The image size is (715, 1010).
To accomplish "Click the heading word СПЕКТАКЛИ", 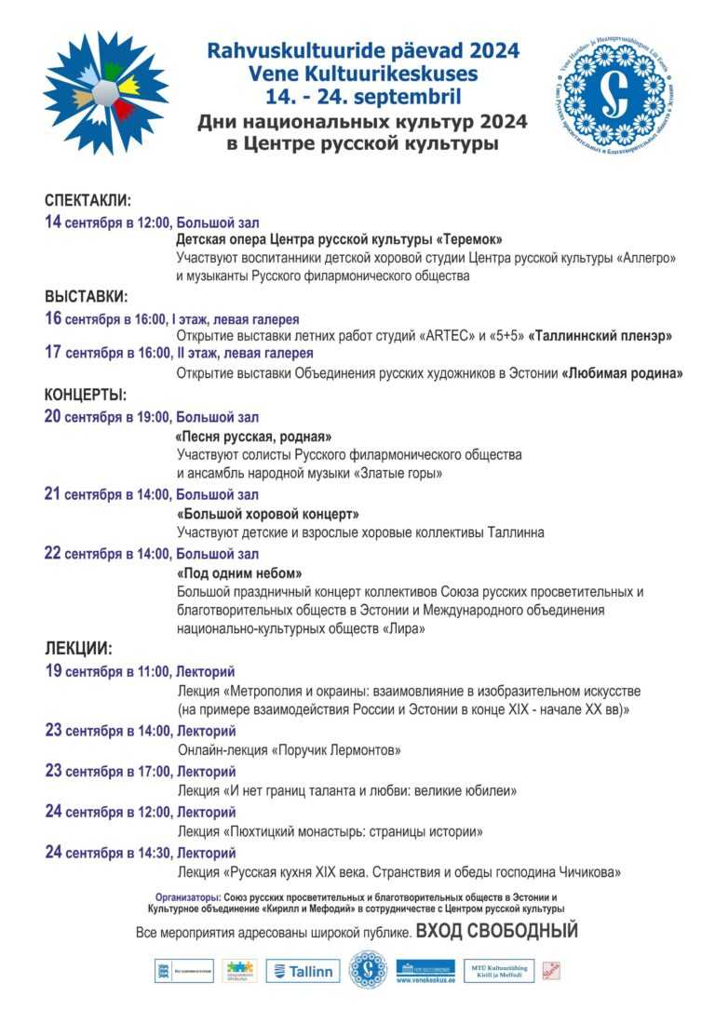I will [88, 200].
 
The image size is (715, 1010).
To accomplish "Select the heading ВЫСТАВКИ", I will [86, 297].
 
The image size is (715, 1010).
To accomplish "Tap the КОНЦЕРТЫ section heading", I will [86, 395].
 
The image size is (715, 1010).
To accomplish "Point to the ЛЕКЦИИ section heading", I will [78, 648].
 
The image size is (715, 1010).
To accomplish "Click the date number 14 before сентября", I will [53, 222].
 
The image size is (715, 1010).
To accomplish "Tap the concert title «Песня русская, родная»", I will [253, 436].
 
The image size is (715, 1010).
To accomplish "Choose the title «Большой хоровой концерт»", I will [267, 514].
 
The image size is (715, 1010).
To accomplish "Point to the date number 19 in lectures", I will [53, 671].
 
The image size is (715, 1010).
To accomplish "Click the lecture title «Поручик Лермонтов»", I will [336, 750].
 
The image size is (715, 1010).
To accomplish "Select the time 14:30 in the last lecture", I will [150, 853].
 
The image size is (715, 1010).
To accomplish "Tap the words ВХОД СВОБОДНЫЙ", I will [497, 931].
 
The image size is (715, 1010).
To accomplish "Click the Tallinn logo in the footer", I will [303, 971].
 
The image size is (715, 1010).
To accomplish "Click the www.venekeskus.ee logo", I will [425, 971].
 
